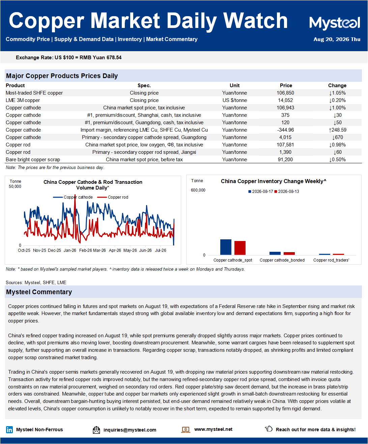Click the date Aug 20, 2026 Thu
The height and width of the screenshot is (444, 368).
click(337, 39)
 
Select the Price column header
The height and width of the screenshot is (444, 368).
click(286, 86)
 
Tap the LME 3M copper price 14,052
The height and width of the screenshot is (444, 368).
click(285, 100)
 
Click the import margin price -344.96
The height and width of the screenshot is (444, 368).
click(285, 130)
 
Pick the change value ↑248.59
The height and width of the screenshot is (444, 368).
click(337, 130)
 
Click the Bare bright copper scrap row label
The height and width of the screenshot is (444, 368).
click(33, 160)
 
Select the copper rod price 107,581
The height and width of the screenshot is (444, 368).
click(285, 145)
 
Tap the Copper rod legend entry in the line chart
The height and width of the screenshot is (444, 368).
click(113, 197)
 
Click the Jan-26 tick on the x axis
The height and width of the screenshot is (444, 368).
click(70, 250)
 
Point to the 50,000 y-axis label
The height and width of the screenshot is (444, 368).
click(15, 186)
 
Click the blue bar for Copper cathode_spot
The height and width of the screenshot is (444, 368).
click(226, 247)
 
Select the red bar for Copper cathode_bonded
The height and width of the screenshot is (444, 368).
click(289, 253)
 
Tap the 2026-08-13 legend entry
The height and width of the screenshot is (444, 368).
click(287, 192)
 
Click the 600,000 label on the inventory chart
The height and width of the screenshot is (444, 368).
click(198, 190)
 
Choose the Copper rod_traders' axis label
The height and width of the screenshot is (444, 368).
click(331, 260)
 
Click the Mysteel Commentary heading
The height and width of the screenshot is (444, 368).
click(39, 292)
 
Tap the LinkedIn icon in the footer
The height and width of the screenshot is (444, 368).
click(9, 430)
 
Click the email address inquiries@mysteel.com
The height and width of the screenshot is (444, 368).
click(130, 430)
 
